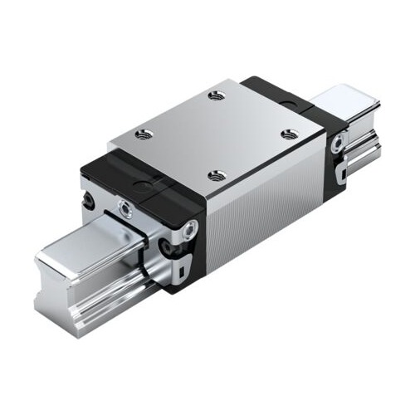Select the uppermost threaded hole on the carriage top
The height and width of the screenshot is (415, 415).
(217, 95)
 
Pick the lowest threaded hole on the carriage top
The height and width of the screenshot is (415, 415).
(217, 174)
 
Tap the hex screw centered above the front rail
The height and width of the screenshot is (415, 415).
(124, 207)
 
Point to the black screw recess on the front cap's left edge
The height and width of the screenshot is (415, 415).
(87, 200)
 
